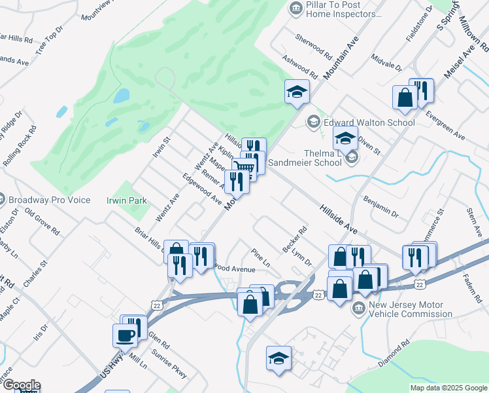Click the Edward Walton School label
(369, 122)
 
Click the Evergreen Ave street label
(444, 126)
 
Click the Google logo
(21, 385)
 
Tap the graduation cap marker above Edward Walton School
(296, 92)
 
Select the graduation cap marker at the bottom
(279, 358)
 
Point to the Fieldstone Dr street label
(419, 25)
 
